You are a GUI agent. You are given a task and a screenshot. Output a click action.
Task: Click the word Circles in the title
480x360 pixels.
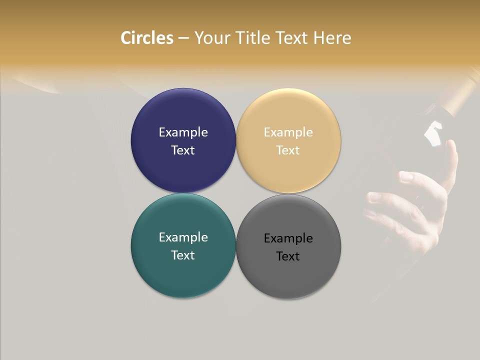[x=147, y=38]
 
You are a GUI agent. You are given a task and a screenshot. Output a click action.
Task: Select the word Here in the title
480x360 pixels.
[x=332, y=38]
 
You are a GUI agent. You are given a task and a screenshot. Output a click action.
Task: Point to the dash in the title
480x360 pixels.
[x=183, y=38]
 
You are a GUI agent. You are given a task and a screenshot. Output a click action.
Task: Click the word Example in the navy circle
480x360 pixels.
[x=183, y=132]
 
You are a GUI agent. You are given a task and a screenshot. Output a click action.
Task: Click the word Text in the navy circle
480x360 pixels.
[x=183, y=150]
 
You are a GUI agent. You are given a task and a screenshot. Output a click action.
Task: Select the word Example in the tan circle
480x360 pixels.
[x=288, y=132]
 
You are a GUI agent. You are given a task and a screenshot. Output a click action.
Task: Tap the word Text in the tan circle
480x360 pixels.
[x=288, y=150]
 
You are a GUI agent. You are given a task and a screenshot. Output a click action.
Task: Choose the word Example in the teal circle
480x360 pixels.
[x=183, y=237]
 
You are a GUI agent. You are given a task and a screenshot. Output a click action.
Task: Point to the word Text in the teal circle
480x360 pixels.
[x=183, y=255]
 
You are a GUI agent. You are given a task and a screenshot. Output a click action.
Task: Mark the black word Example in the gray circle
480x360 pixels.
[x=288, y=238]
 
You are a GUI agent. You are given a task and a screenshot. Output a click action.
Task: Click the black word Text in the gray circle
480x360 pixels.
[x=288, y=256]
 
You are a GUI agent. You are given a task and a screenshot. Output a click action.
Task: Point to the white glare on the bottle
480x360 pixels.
[x=433, y=133]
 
